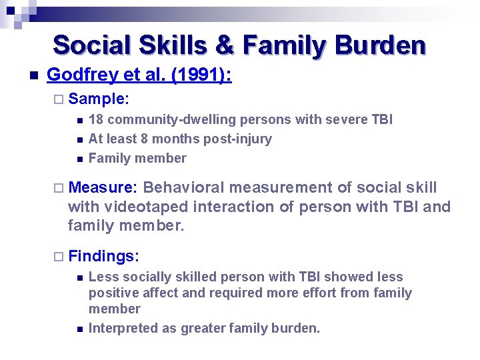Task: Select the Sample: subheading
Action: click(99, 99)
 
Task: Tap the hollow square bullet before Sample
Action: click(58, 99)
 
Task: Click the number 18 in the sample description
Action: click(96, 119)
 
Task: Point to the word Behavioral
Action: click(183, 188)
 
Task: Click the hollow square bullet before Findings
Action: click(58, 257)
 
